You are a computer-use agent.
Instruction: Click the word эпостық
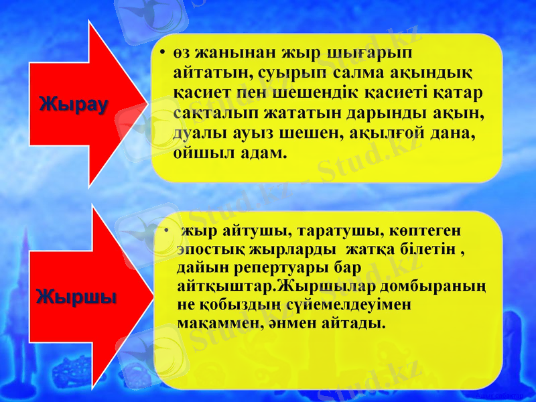pos(208,250)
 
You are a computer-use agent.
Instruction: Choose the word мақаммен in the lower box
pos(218,323)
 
